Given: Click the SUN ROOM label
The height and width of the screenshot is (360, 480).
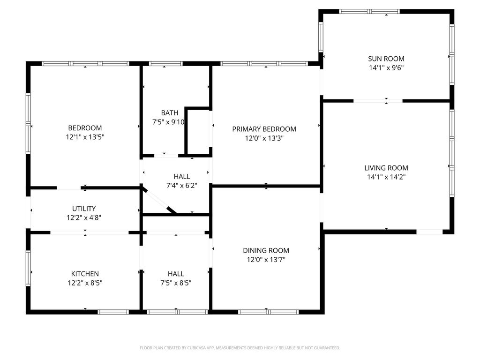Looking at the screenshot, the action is coord(386,59).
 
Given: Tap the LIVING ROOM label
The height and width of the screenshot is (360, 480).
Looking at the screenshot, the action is coord(386,168).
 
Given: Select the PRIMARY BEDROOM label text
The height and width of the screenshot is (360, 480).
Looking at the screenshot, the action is coord(264,129).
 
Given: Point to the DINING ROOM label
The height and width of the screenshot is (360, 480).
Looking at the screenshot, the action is coord(266,250).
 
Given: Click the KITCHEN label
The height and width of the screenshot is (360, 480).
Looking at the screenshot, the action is coord(85,274).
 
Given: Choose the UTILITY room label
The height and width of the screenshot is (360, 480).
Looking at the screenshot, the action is coord(84,209).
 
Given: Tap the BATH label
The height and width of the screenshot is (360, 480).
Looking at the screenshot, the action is coord(170,112).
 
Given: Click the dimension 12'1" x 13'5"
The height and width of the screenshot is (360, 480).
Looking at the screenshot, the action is coord(85,137).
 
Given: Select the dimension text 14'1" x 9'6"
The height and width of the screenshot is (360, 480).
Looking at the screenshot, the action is coord(386,67).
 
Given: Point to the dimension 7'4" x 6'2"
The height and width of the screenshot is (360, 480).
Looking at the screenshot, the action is coord(182,186).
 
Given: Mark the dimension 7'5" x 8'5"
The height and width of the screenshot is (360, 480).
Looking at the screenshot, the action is coord(176,283).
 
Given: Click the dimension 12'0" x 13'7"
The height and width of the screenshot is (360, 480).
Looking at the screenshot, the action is coord(266,260).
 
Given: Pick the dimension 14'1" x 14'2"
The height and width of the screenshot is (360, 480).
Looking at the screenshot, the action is coord(386,177).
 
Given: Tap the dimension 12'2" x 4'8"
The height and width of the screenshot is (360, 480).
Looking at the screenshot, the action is coord(84,217).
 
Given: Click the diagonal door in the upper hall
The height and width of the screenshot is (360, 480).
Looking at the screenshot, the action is coord(159,200).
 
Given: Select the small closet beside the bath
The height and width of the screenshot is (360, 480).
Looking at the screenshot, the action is coord(198,132).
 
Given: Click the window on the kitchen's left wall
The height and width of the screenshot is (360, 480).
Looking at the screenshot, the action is coord(28,268).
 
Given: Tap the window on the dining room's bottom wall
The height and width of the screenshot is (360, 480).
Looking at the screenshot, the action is coord(268,312).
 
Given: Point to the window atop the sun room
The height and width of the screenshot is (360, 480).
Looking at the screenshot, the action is coord(369,12).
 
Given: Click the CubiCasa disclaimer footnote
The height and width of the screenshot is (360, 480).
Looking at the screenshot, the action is coord(240,348).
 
